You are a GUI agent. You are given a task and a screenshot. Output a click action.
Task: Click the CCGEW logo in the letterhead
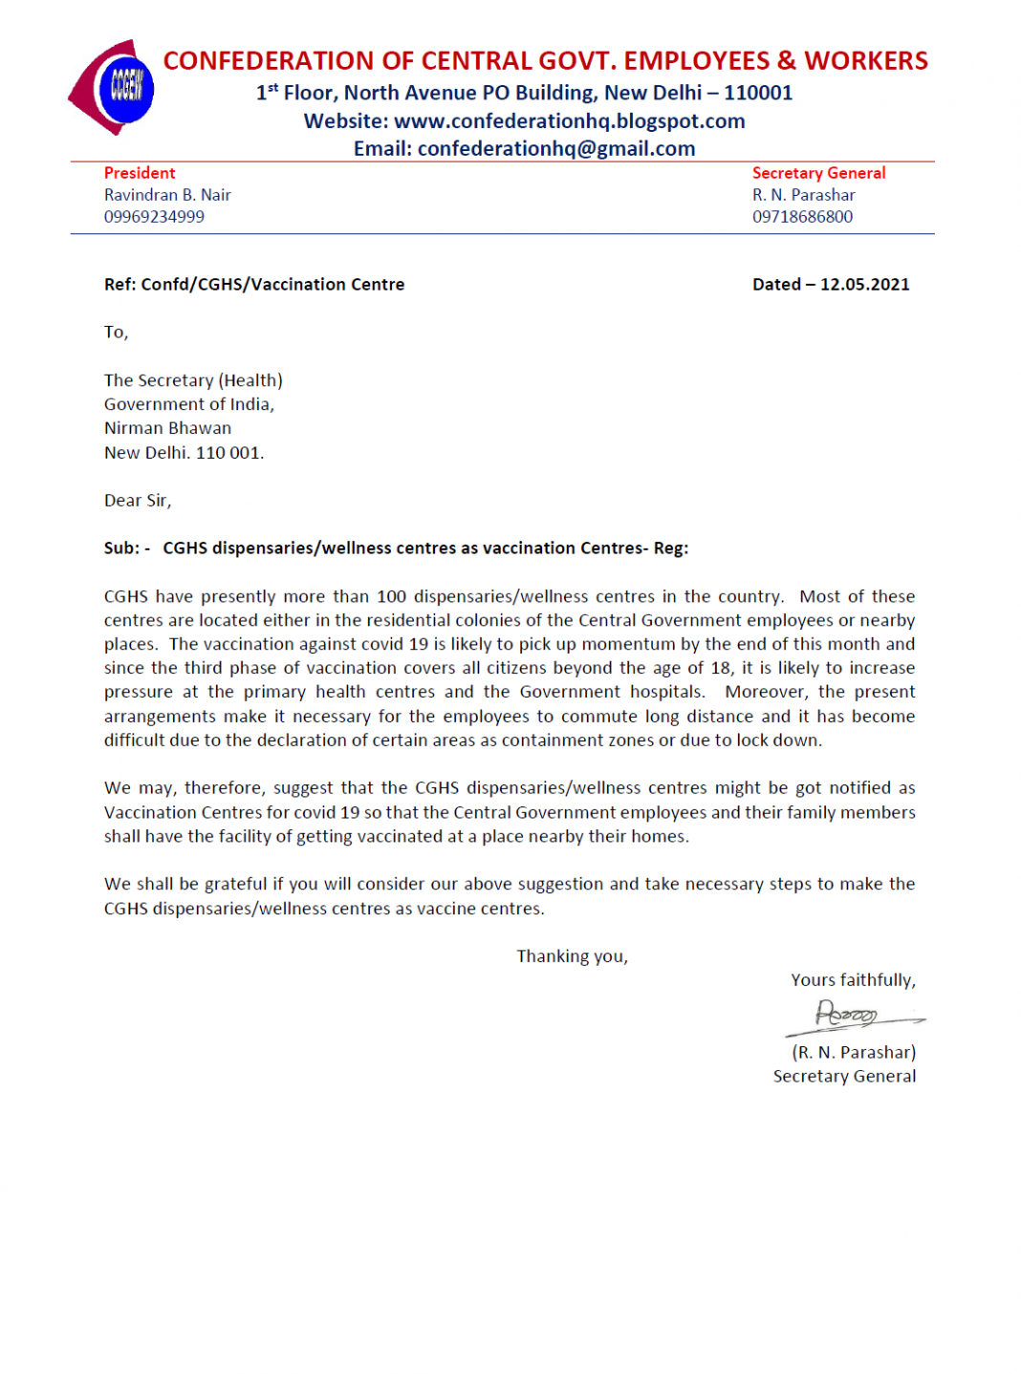114,88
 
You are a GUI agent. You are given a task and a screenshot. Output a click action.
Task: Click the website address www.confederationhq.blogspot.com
569,121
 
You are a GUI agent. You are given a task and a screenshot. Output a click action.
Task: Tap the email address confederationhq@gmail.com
555,149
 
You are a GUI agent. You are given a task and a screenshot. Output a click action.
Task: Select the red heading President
140,173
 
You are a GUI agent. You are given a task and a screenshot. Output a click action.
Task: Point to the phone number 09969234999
154,217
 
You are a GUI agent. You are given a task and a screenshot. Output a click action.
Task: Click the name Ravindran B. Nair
167,195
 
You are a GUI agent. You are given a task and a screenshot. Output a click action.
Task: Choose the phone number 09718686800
802,217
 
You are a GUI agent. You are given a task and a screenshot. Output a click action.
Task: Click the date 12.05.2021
864,285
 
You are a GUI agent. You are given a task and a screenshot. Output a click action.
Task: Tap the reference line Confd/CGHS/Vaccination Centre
272,285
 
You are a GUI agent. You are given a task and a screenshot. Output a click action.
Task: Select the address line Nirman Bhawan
167,428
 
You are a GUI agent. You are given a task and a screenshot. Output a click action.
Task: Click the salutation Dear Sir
137,501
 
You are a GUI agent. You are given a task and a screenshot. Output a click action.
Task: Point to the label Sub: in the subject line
121,548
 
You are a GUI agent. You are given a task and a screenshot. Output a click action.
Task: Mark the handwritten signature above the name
849,1016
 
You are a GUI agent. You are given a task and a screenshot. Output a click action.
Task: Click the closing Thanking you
572,956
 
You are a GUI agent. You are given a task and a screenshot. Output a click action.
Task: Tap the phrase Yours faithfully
853,980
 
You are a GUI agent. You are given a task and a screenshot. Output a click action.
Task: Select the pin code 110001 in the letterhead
758,94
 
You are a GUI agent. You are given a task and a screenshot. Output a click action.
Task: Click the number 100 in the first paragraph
391,597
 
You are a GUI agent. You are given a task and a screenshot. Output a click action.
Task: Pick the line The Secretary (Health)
193,380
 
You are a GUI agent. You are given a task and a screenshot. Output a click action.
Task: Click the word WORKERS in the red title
866,61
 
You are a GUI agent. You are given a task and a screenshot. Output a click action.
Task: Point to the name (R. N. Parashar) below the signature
853,1052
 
